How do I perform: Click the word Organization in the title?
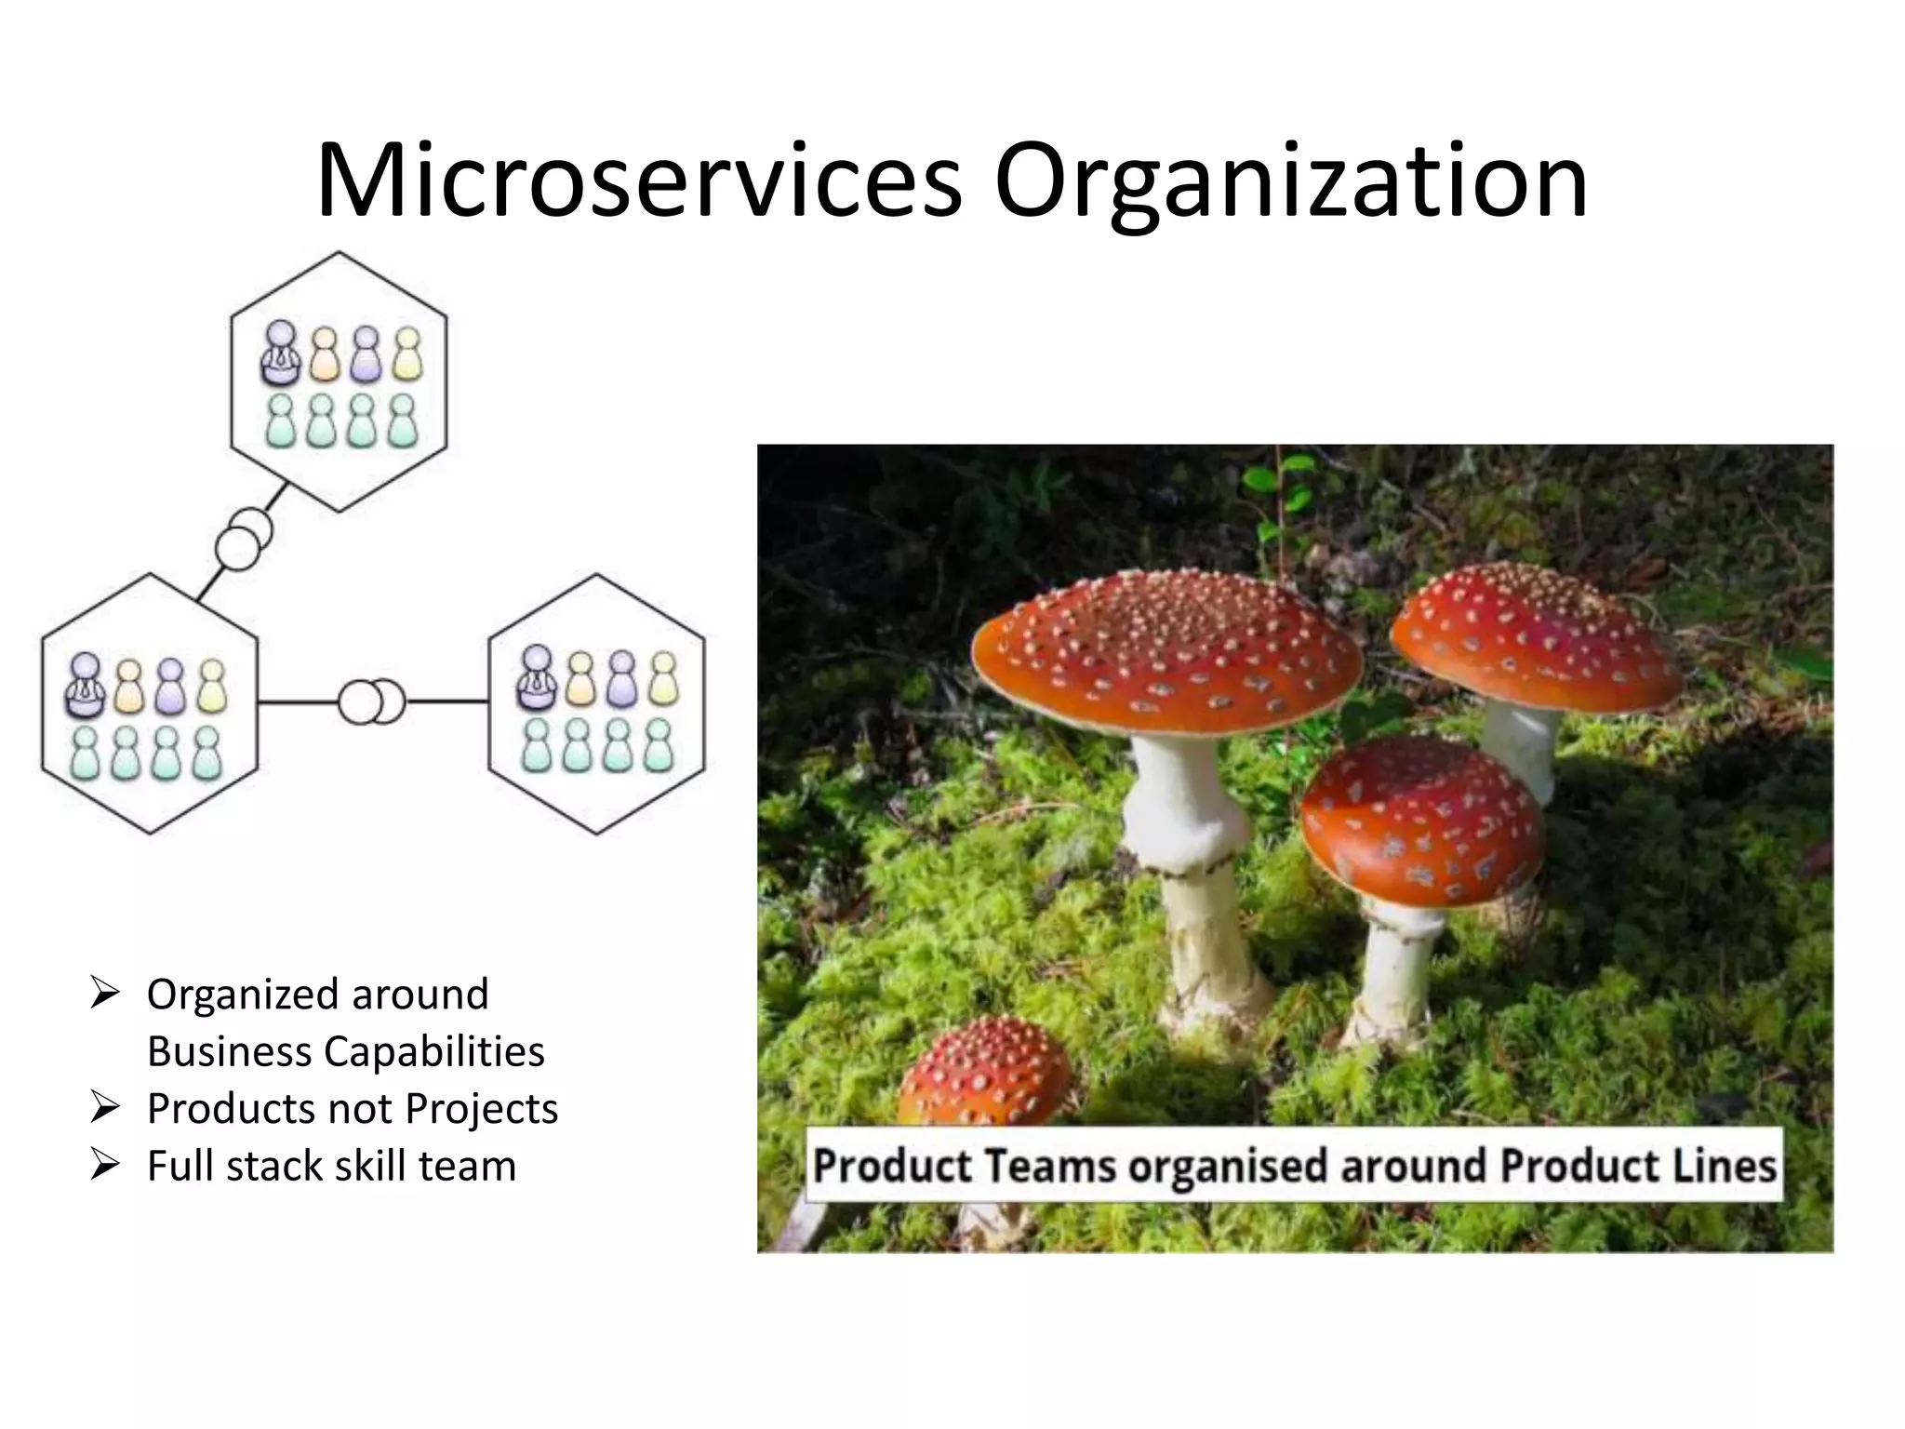[x=1290, y=183]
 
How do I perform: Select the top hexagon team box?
[x=339, y=381]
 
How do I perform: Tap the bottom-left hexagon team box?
[x=150, y=704]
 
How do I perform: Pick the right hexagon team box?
[x=597, y=704]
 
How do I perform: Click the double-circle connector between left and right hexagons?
[x=371, y=702]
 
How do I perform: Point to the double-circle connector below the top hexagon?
[x=244, y=540]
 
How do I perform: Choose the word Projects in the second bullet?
[x=481, y=1109]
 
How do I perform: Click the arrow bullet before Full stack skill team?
[x=105, y=1165]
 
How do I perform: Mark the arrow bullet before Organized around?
[x=105, y=994]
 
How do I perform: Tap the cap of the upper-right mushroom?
[x=1535, y=633]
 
